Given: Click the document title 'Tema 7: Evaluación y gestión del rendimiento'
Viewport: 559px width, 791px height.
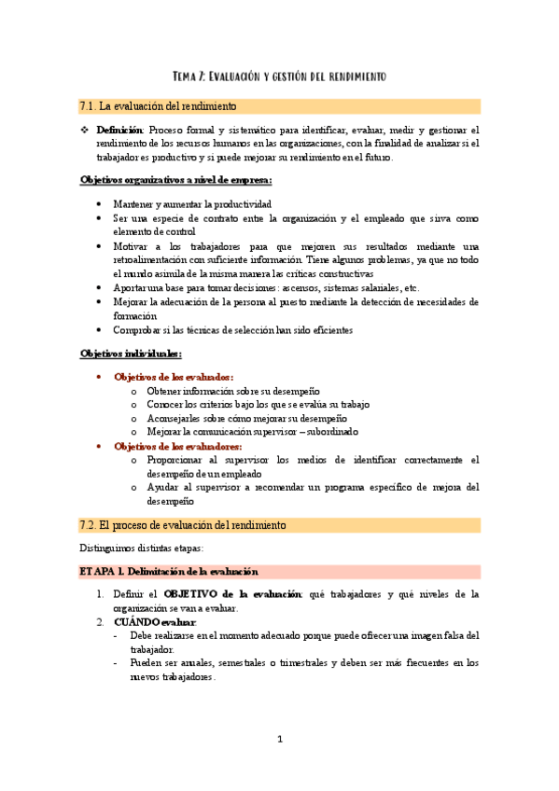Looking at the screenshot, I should (x=279, y=75).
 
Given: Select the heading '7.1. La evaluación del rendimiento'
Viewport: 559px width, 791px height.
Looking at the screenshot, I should (x=158, y=106).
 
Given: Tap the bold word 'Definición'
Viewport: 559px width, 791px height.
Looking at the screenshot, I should (x=120, y=131).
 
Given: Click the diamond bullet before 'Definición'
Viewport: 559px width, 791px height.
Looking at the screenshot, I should (x=85, y=131).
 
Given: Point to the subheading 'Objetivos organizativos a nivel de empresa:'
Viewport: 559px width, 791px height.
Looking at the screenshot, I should (x=176, y=180).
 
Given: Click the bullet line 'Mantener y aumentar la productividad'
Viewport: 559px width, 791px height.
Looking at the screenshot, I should (x=192, y=203).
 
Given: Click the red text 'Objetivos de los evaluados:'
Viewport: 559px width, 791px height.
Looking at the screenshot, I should (x=173, y=377).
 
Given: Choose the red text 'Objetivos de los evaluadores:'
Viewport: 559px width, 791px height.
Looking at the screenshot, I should (x=177, y=446).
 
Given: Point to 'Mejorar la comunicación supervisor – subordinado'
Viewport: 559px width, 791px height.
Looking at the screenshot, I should (x=252, y=432).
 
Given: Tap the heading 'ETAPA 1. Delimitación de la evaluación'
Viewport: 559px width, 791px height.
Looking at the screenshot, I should (x=169, y=571).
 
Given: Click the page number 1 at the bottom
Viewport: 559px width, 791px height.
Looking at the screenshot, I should (x=279, y=740).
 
